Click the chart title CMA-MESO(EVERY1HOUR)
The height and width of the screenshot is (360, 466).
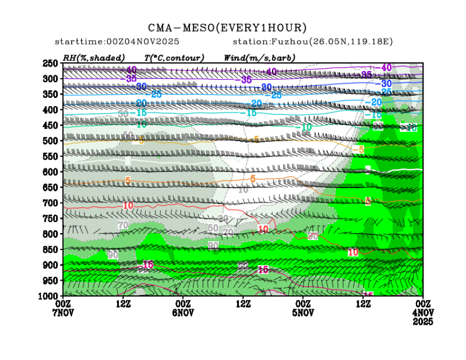[227, 27]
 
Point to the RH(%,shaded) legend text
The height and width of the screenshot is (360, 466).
[94, 57]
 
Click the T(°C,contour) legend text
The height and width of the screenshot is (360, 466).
[174, 57]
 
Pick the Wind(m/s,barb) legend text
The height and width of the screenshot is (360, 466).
[260, 57]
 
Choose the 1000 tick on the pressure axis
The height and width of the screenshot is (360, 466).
[49, 296]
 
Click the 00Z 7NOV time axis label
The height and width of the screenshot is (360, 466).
[63, 307]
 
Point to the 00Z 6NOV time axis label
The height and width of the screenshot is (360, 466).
[182, 307]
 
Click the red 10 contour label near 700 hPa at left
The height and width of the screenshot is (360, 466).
[128, 206]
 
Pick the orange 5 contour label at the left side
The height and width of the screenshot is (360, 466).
[127, 181]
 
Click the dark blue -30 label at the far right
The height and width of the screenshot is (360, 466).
[387, 84]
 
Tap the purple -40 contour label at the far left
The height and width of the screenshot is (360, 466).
[131, 69]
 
